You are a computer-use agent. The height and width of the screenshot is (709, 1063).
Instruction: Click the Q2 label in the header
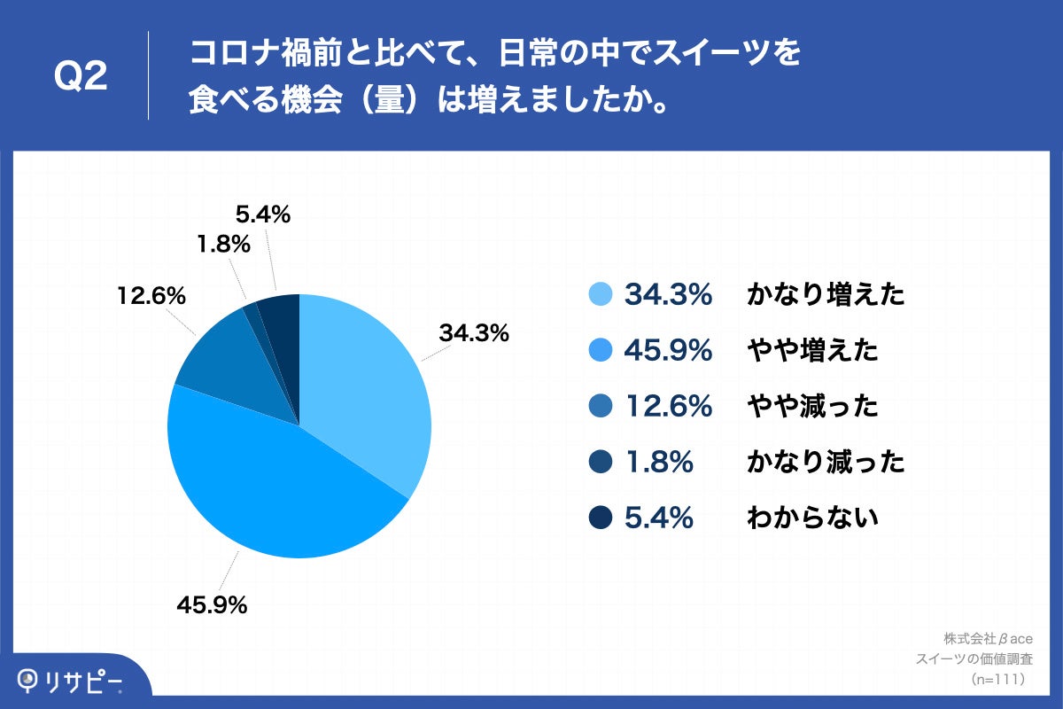tap(81, 77)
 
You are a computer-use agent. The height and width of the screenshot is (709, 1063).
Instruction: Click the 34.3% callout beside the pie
tap(474, 333)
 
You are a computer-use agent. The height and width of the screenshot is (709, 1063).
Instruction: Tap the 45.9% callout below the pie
tap(212, 606)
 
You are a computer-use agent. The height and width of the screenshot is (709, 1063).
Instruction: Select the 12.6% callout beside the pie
tap(151, 295)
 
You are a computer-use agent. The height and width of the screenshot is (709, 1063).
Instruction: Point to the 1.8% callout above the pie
tap(225, 243)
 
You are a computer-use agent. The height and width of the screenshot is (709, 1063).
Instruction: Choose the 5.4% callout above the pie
tap(263, 214)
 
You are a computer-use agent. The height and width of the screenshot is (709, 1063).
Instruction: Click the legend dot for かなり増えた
tap(600, 295)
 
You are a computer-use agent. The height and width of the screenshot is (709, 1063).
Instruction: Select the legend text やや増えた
tap(812, 351)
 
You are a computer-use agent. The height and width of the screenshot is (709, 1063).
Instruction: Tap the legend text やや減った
tap(812, 406)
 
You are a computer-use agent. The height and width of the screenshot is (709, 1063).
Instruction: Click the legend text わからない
tap(812, 517)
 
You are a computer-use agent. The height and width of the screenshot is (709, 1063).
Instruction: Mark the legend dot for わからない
tap(600, 517)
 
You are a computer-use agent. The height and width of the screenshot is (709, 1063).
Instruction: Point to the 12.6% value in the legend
tap(669, 406)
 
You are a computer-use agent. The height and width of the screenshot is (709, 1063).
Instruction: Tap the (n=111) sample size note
tap(997, 679)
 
